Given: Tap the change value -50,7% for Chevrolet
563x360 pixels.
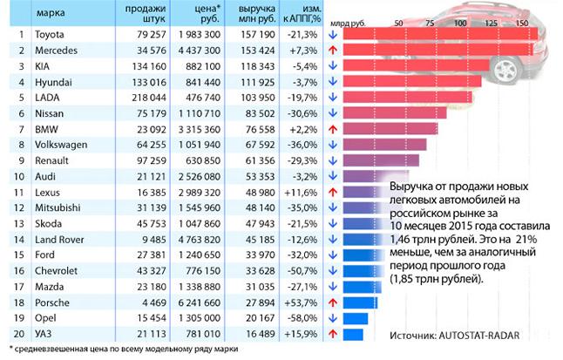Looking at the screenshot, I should point(302,270).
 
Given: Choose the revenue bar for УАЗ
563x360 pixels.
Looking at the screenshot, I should point(353,334).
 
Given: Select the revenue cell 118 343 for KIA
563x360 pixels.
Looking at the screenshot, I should point(257,65).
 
